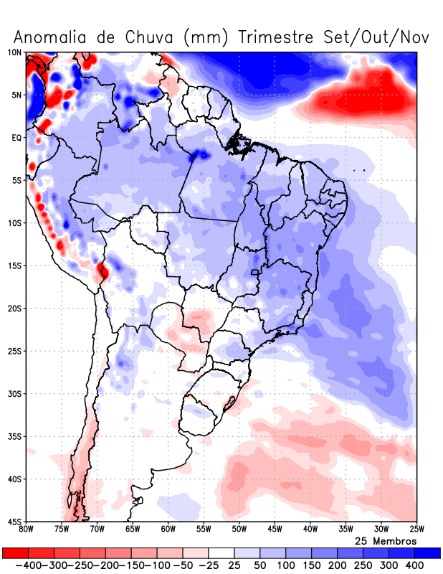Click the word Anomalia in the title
point(54,37)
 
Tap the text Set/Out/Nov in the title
point(383,37)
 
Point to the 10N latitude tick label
point(14,52)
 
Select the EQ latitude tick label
point(15,137)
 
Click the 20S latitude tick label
point(14,308)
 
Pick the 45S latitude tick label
point(14,521)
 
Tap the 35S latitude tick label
point(14,436)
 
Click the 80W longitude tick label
point(26,530)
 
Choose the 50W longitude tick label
point(239,530)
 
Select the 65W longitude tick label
point(133,530)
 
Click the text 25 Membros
point(386,540)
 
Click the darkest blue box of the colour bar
point(427,552)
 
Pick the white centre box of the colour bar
point(221,552)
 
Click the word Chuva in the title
point(151,37)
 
